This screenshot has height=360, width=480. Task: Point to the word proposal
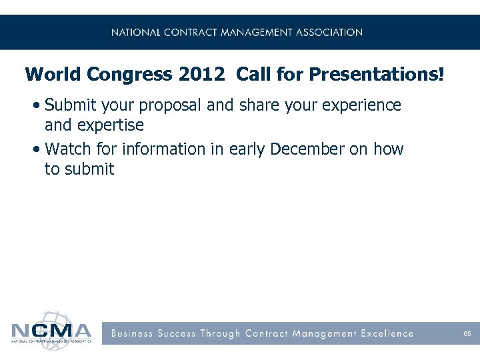pos(207,106)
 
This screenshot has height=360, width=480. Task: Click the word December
pos(307,149)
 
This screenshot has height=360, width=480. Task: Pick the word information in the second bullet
pos(163,149)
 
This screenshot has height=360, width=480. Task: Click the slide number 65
pos(467,333)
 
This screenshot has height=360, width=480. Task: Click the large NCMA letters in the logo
pos(51,331)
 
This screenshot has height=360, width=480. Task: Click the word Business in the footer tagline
pos(132,333)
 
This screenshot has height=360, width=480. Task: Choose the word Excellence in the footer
pos(387,333)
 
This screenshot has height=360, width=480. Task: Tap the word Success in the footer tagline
pos(178,333)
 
